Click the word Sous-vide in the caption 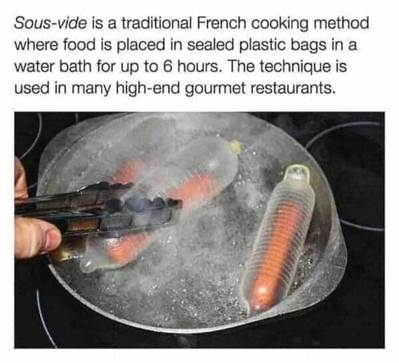tap(51, 23)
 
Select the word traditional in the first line tap(156, 23)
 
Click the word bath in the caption tap(75, 67)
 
